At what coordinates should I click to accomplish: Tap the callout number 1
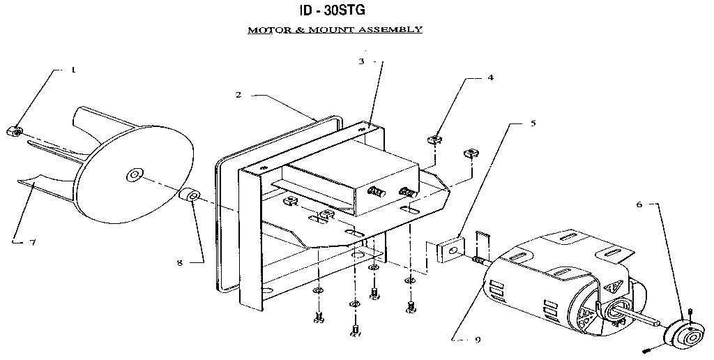click(x=73, y=70)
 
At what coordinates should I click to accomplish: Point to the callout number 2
click(x=238, y=94)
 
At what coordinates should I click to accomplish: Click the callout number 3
click(x=362, y=61)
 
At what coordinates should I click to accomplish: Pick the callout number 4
click(x=491, y=77)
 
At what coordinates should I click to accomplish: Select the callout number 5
click(x=533, y=123)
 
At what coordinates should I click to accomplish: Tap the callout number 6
click(x=639, y=204)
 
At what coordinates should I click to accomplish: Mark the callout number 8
click(x=180, y=263)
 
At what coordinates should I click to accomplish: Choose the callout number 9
click(x=476, y=340)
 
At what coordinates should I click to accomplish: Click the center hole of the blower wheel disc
click(x=132, y=175)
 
